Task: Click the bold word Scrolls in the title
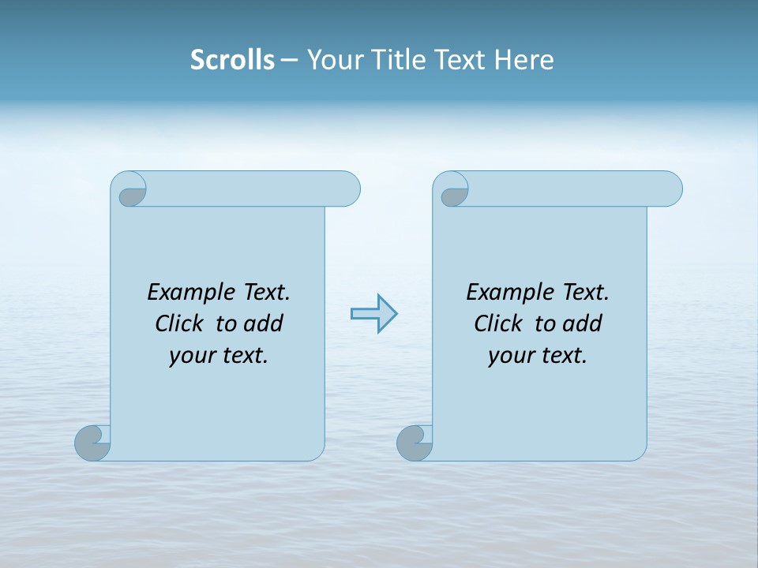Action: pos(232,60)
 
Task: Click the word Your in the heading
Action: pos(334,60)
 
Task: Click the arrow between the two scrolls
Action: pos(374,314)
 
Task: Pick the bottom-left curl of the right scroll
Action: pos(415,443)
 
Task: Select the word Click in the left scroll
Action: pos(179,324)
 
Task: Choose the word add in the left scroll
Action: pos(264,324)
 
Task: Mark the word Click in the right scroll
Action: pos(498,324)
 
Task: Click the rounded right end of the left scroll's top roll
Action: pos(347,189)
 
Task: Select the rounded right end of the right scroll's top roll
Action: pos(670,189)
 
